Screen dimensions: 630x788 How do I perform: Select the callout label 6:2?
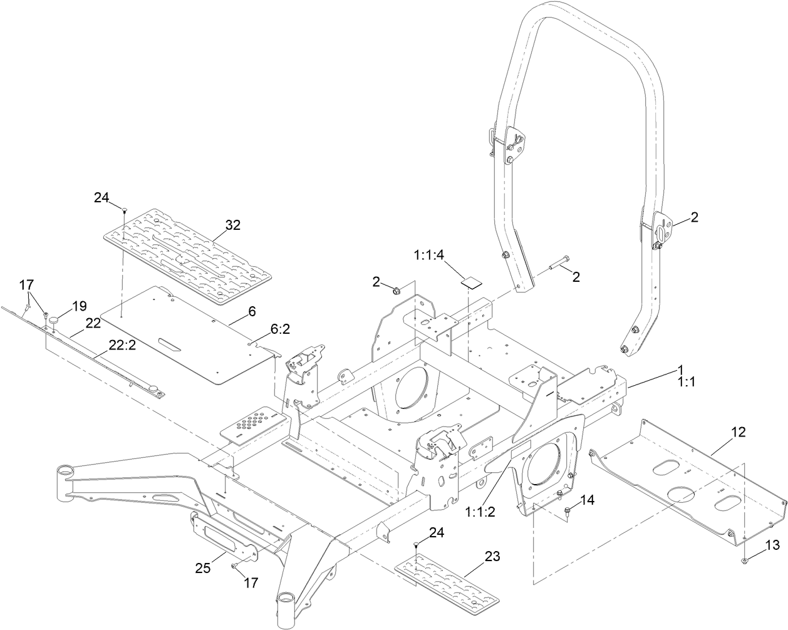280,329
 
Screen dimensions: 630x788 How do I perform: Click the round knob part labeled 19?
55,321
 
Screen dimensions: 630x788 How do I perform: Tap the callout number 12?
738,431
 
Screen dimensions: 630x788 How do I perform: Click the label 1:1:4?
428,255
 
